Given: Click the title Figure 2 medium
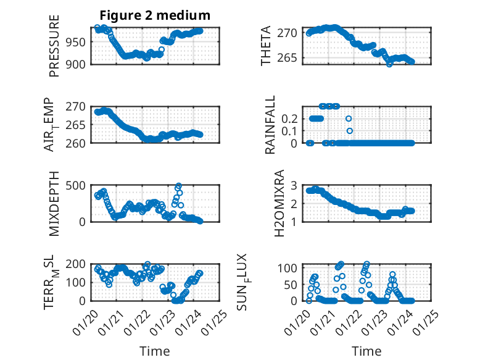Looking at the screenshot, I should click(x=155, y=15).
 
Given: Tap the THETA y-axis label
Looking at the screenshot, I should click(x=266, y=46).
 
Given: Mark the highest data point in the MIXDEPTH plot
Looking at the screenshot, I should click(x=178, y=186).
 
